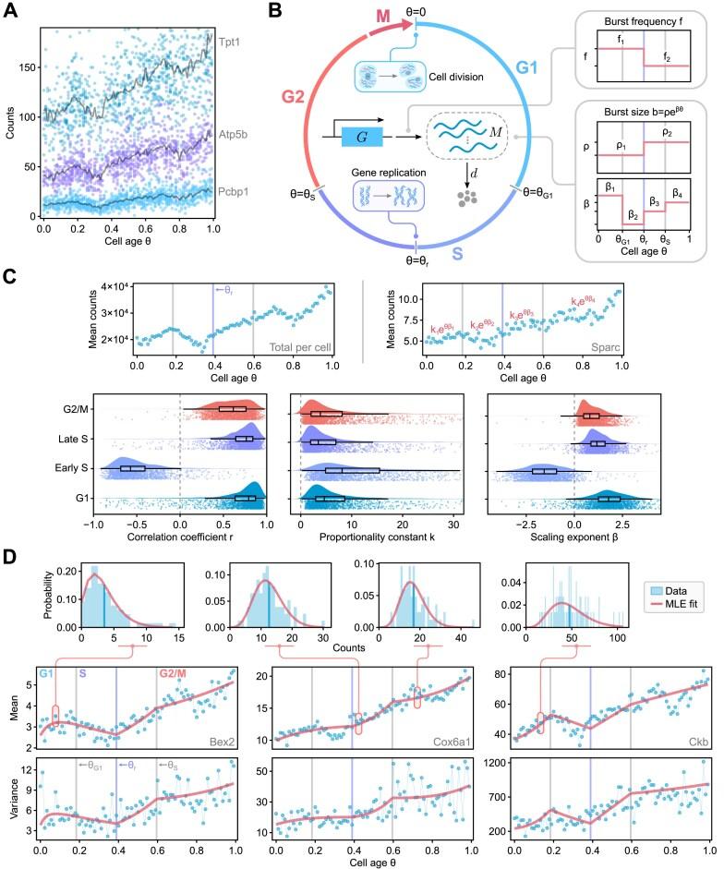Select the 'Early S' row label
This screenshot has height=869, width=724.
pos(66,469)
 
